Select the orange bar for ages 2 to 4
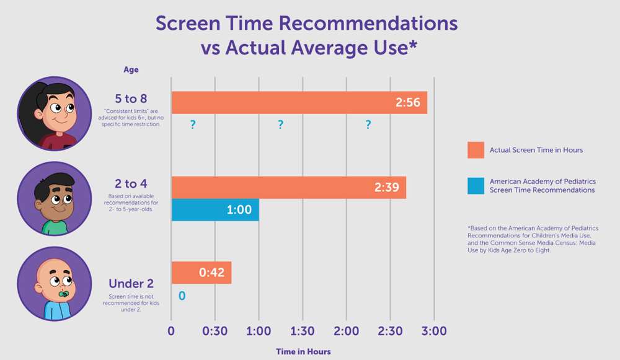pyautogui.click(x=288, y=188)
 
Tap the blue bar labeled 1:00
pyautogui.click(x=215, y=210)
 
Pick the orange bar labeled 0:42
pyautogui.click(x=201, y=273)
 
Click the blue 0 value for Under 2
pyautogui.click(x=182, y=296)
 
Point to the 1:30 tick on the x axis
pyautogui.click(x=302, y=331)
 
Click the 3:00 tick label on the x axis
pyautogui.click(x=433, y=331)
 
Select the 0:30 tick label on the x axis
pyautogui.click(x=215, y=331)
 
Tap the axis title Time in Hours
pyautogui.click(x=303, y=351)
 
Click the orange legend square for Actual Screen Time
pyautogui.click(x=475, y=150)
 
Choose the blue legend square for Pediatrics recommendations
pyautogui.click(x=475, y=185)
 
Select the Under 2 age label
pyautogui.click(x=131, y=284)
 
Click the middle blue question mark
pyautogui.click(x=280, y=125)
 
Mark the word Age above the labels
pyautogui.click(x=131, y=70)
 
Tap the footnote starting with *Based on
pyautogui.click(x=533, y=239)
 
